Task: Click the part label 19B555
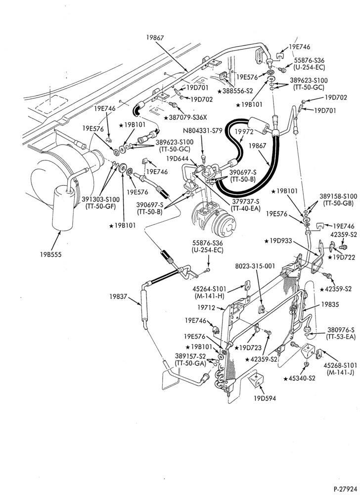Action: point(51,254)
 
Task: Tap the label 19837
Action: point(118,297)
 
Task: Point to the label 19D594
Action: point(265,398)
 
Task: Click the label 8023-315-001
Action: point(255,266)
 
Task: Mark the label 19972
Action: point(245,132)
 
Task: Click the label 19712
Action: point(206,307)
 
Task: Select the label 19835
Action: point(330,304)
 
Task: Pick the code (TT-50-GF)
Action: point(101,206)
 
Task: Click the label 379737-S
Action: point(245,201)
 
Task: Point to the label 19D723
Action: point(250,348)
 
